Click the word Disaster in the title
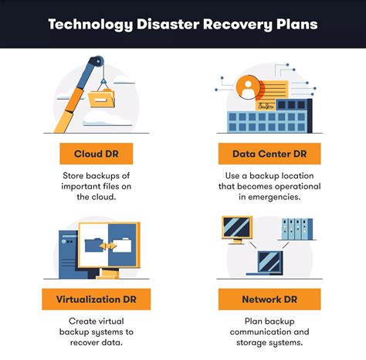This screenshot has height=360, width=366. click(168, 24)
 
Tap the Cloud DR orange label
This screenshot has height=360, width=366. click(97, 154)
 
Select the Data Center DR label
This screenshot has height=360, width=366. click(269, 154)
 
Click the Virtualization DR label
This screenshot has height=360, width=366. click(97, 299)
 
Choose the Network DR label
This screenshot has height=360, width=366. click(269, 299)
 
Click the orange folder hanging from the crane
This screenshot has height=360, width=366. click(101, 98)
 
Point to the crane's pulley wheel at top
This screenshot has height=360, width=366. click(97, 62)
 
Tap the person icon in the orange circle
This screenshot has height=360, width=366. click(248, 88)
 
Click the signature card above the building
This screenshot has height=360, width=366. click(265, 106)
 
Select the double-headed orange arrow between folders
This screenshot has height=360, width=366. click(108, 246)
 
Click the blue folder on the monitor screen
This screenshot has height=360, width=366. click(94, 246)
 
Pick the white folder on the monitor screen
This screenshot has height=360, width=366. click(122, 245)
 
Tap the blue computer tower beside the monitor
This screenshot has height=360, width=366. click(69, 254)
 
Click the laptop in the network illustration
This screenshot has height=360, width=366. click(265, 263)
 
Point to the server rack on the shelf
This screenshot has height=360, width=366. click(297, 229)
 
